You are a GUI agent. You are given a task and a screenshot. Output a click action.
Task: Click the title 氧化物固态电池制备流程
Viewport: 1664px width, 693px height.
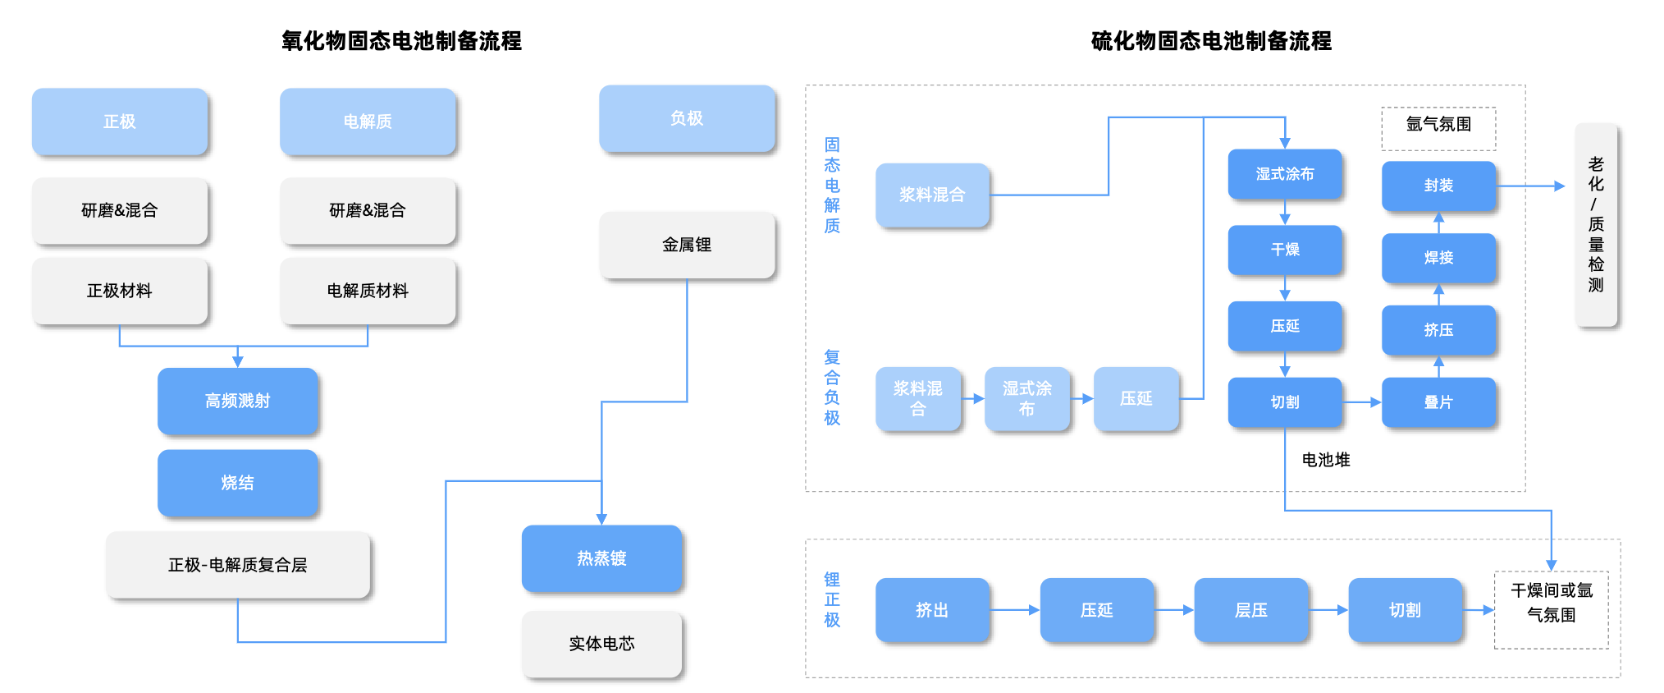[401, 41]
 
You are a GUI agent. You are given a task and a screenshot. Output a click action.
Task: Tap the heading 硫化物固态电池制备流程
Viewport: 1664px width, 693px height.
[1211, 41]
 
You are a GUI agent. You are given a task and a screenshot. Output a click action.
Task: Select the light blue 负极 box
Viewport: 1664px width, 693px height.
[687, 118]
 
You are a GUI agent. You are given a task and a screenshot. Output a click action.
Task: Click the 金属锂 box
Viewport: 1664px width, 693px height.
[687, 245]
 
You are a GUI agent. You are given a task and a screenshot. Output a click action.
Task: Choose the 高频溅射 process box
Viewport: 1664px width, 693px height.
[237, 401]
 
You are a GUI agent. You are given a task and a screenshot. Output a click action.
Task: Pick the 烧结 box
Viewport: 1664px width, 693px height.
[237, 483]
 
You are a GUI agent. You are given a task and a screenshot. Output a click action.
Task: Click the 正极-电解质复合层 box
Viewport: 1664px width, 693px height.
[238, 565]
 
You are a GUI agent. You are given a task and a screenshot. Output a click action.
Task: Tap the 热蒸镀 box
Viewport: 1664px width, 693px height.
[601, 558]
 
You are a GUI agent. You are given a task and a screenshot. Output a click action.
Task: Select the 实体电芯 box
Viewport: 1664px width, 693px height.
[601, 644]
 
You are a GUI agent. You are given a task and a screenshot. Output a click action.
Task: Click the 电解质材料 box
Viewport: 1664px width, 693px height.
[368, 291]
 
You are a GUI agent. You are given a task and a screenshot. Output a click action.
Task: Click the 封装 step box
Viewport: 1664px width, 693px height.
[1438, 186]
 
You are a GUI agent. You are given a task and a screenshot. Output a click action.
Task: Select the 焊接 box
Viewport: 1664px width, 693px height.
[1438, 258]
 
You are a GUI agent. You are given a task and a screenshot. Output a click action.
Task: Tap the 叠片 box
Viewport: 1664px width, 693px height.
[1438, 402]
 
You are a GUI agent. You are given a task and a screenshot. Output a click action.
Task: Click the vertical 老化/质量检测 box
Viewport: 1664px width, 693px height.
[1596, 225]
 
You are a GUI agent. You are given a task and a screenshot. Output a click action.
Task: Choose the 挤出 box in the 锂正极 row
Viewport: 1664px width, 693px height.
[932, 610]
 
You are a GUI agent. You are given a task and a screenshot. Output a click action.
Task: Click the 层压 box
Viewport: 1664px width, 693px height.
[1250, 610]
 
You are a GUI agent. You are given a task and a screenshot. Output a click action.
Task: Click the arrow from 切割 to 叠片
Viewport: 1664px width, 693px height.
[1362, 402]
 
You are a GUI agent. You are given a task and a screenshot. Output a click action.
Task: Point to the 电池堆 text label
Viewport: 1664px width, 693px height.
[1326, 460]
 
